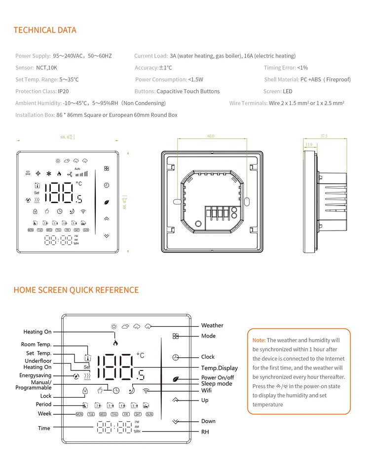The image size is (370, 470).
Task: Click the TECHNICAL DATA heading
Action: (45, 30)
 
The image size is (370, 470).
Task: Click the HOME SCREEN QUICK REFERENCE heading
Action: (76, 290)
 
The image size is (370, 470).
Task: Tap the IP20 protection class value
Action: (63, 91)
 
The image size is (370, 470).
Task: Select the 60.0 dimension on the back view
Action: (211, 136)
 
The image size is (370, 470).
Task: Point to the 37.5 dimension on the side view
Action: (324, 136)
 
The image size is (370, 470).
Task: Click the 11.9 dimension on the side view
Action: (309, 145)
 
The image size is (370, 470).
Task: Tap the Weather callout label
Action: (212, 325)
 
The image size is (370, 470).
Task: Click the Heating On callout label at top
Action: (37, 332)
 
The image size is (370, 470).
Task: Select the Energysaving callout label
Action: (35, 375)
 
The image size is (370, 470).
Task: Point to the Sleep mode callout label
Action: (217, 383)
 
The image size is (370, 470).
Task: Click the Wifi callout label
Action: (207, 390)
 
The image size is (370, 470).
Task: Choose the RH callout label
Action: (205, 432)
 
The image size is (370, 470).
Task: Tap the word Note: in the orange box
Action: (259, 340)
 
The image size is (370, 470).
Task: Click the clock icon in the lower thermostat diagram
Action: (176, 357)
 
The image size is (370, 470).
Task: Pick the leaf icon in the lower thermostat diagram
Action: (175, 378)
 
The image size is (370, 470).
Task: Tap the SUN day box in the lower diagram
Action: (149, 414)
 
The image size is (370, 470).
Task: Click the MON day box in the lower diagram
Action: (79, 414)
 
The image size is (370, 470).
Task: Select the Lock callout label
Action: (46, 396)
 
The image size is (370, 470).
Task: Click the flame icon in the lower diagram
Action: (115, 342)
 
